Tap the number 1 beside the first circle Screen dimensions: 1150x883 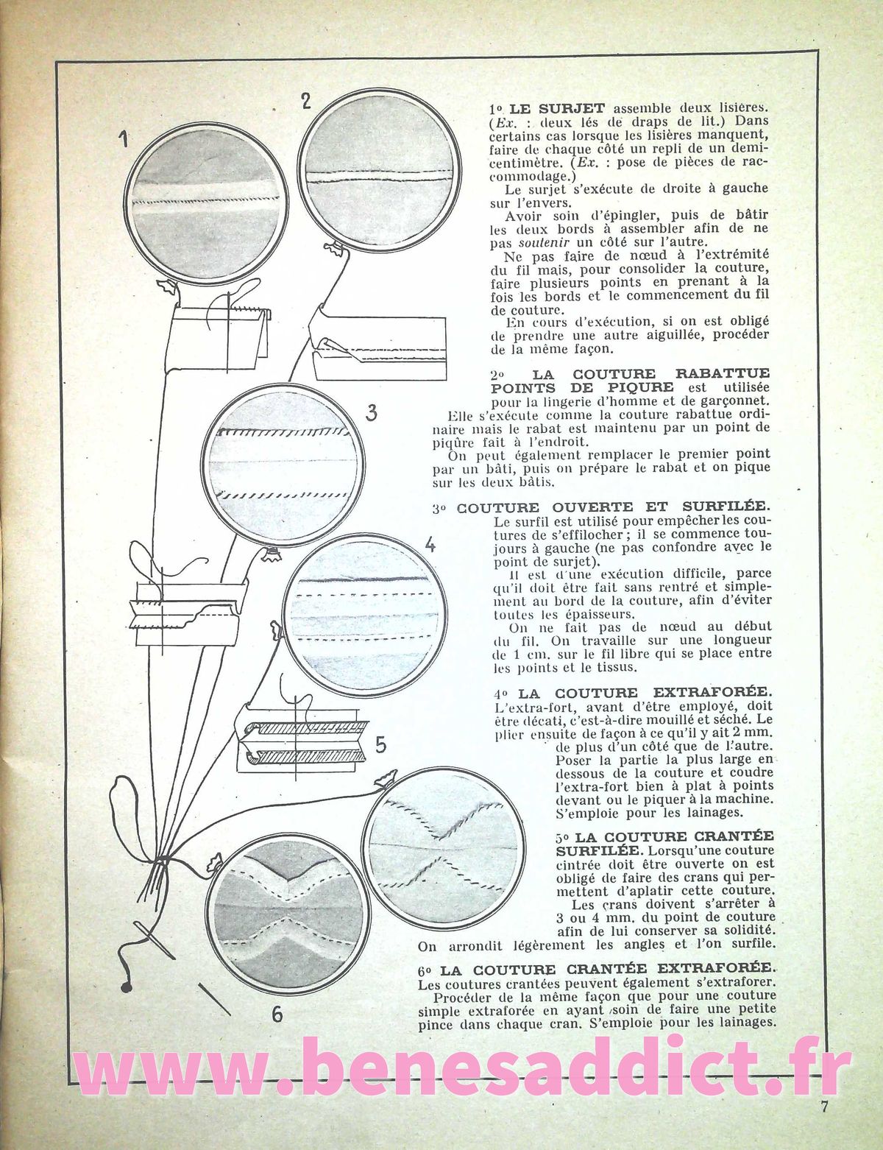coord(126,138)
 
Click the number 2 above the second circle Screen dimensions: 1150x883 coord(306,101)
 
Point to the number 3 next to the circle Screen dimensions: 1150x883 coord(372,413)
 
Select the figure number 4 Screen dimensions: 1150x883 coord(430,546)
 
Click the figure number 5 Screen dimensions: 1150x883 coord(380,746)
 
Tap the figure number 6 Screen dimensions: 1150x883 coord(277,1015)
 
